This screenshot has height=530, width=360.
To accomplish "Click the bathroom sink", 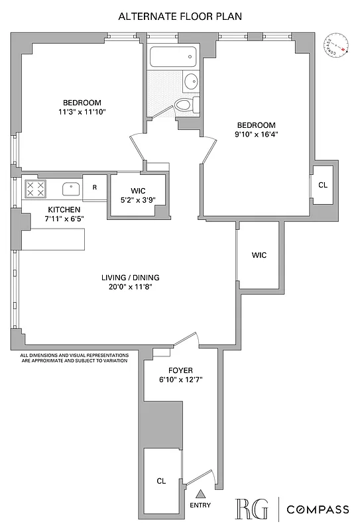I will (x=190, y=81).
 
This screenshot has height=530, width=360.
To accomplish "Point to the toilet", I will (x=184, y=104).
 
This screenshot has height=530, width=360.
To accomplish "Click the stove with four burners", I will (x=34, y=189).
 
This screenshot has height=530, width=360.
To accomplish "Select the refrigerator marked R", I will (x=95, y=187).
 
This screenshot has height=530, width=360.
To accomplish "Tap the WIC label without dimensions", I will (x=259, y=256).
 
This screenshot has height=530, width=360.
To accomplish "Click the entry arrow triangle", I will (x=200, y=493).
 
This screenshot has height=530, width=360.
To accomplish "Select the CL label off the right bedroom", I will (x=323, y=185).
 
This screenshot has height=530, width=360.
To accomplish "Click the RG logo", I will (x=253, y=509).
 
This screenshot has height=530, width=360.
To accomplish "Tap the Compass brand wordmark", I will (x=318, y=509).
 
